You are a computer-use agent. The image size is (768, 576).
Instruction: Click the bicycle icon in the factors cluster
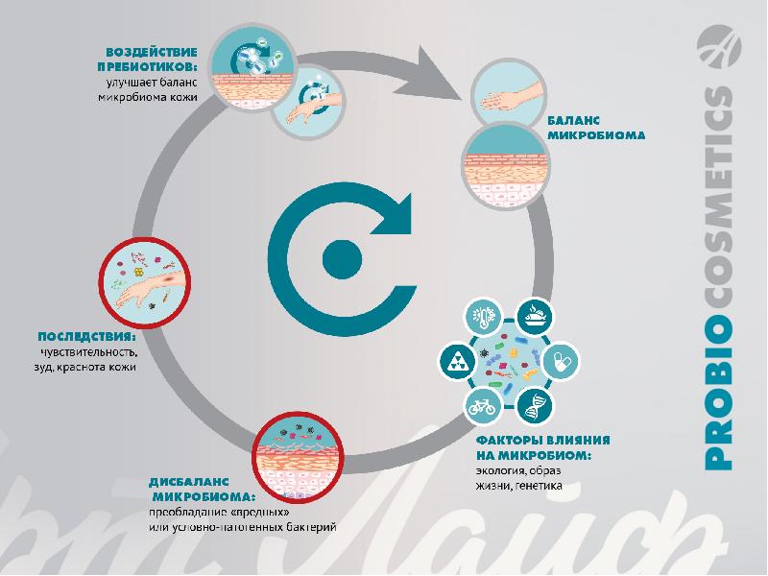pos(481,406)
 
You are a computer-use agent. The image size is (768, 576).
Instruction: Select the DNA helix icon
pos(533,406)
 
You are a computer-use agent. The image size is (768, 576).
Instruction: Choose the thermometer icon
pos(481,316)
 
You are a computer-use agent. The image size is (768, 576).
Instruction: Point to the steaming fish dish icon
pos(533,316)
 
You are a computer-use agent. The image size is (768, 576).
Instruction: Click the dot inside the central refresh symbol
pos(338,256)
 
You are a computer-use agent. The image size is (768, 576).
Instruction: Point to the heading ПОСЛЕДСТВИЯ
pos(85,337)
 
